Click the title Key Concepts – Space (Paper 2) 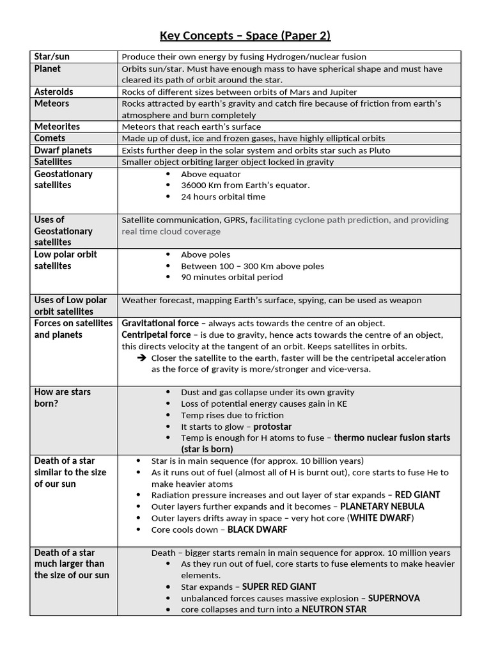pyautogui.click(x=245, y=35)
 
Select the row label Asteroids pyautogui.click(x=54, y=92)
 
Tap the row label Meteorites pyautogui.click(x=57, y=127)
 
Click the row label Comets pyautogui.click(x=50, y=138)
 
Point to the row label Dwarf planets pyautogui.click(x=63, y=150)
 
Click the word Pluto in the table pyautogui.click(x=377, y=150)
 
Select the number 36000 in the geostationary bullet pyautogui.click(x=194, y=185)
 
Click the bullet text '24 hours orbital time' pyautogui.click(x=223, y=197)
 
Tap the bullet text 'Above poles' pyautogui.click(x=205, y=255)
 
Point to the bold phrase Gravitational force pyautogui.click(x=161, y=324)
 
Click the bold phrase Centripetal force pyautogui.click(x=156, y=335)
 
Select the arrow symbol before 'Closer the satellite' pyautogui.click(x=142, y=358)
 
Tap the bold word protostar pyautogui.click(x=272, y=427)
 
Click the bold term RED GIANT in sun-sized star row pyautogui.click(x=417, y=495)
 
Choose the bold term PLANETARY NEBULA pyautogui.click(x=382, y=507)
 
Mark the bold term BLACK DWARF pyautogui.click(x=257, y=530)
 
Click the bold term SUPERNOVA pyautogui.click(x=394, y=599)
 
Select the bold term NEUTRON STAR pyautogui.click(x=334, y=610)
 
